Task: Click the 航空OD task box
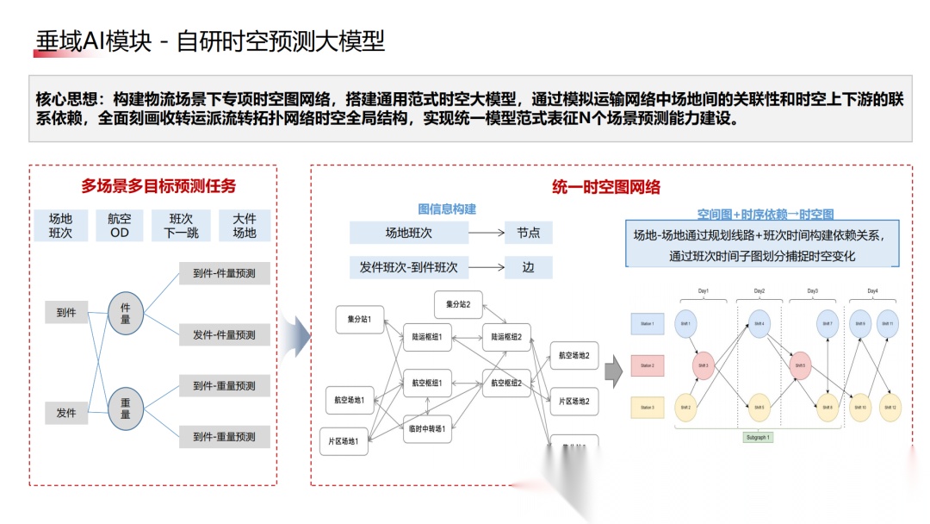[119, 226]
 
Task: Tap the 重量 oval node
[126, 408]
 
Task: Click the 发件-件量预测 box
[224, 334]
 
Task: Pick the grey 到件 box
[66, 313]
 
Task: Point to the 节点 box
[528, 233]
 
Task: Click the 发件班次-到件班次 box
[409, 267]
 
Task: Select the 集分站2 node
[458, 303]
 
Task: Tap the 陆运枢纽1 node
[427, 337]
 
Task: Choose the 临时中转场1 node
[427, 429]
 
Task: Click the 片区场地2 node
[573, 401]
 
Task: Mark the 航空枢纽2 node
[507, 383]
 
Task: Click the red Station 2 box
[648, 365]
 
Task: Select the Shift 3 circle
[703, 365]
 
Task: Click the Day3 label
[812, 291]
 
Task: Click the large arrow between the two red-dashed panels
[296, 336]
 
